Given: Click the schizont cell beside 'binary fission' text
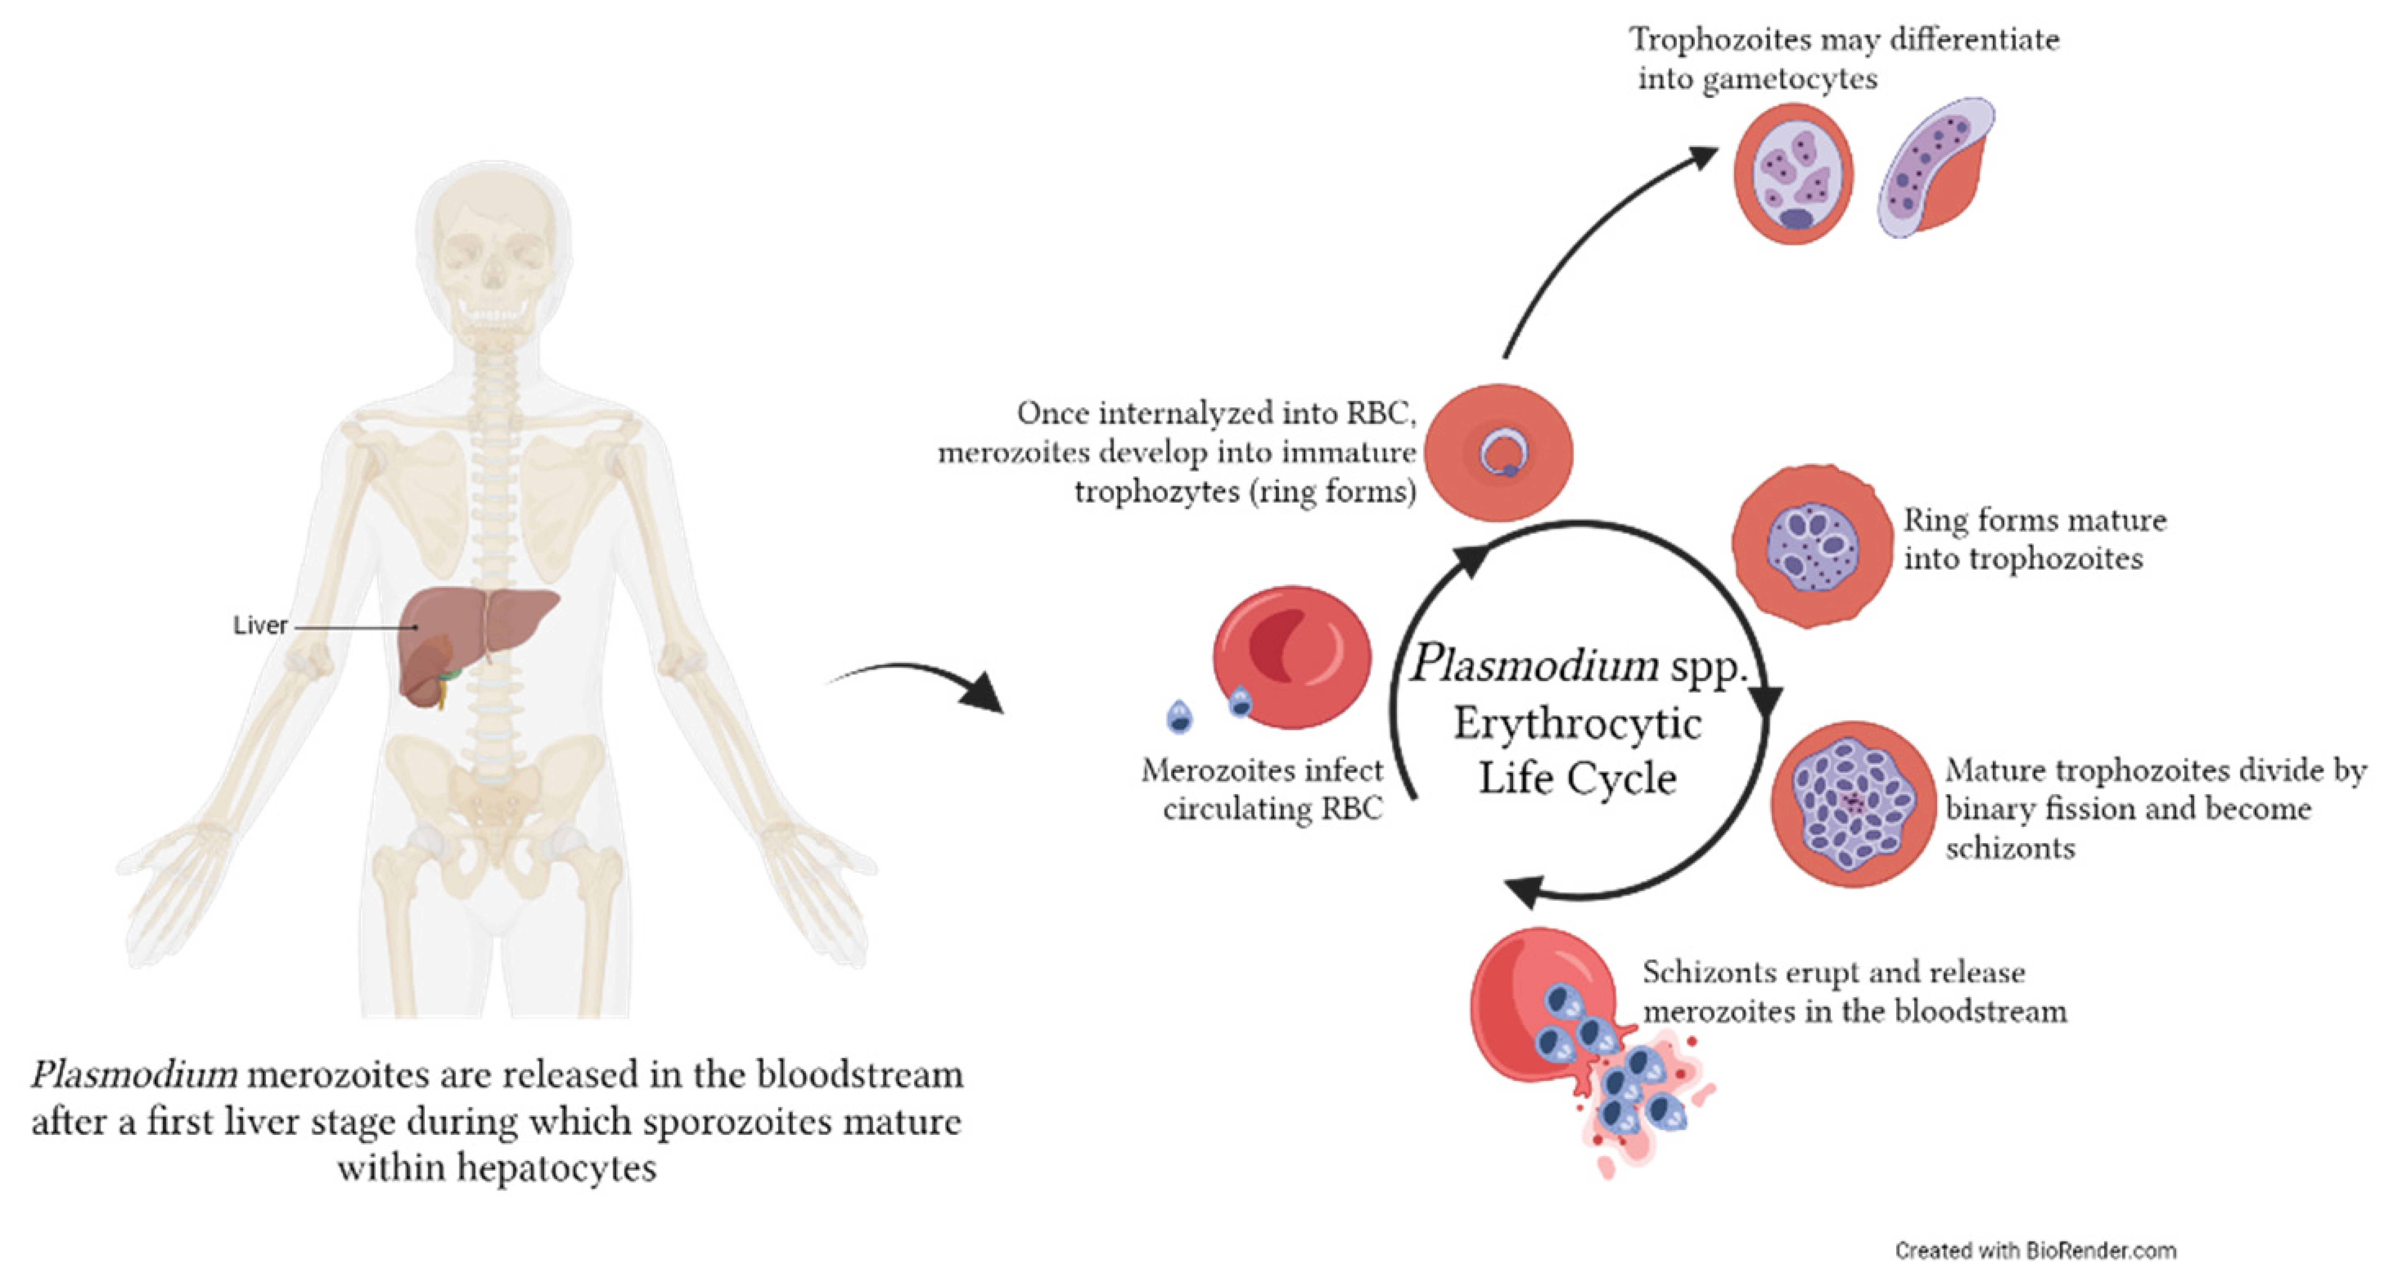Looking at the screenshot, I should [x=1853, y=804].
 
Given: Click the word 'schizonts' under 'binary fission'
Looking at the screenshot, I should [x=2010, y=848].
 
